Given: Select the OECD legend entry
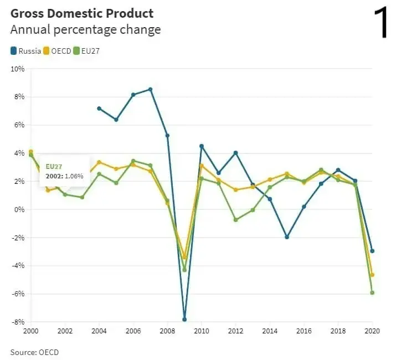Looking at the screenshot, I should pos(59,51).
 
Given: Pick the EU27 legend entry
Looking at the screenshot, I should pos(89,51).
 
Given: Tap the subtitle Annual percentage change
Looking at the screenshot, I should pos(86,29).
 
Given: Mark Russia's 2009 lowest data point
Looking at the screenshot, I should pos(184,320).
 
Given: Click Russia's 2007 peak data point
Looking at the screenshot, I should pos(150,89).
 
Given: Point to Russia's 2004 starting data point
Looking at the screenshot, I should pos(99,109).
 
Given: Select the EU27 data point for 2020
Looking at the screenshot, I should pos(372,292).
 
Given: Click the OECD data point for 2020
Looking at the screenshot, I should pos(372,275).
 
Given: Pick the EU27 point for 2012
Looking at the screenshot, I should pos(235,220).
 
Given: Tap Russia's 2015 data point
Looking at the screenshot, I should pos(287,237).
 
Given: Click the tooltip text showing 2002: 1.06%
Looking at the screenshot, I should pos(64,176).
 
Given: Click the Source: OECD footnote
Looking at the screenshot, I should pos(34,352).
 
